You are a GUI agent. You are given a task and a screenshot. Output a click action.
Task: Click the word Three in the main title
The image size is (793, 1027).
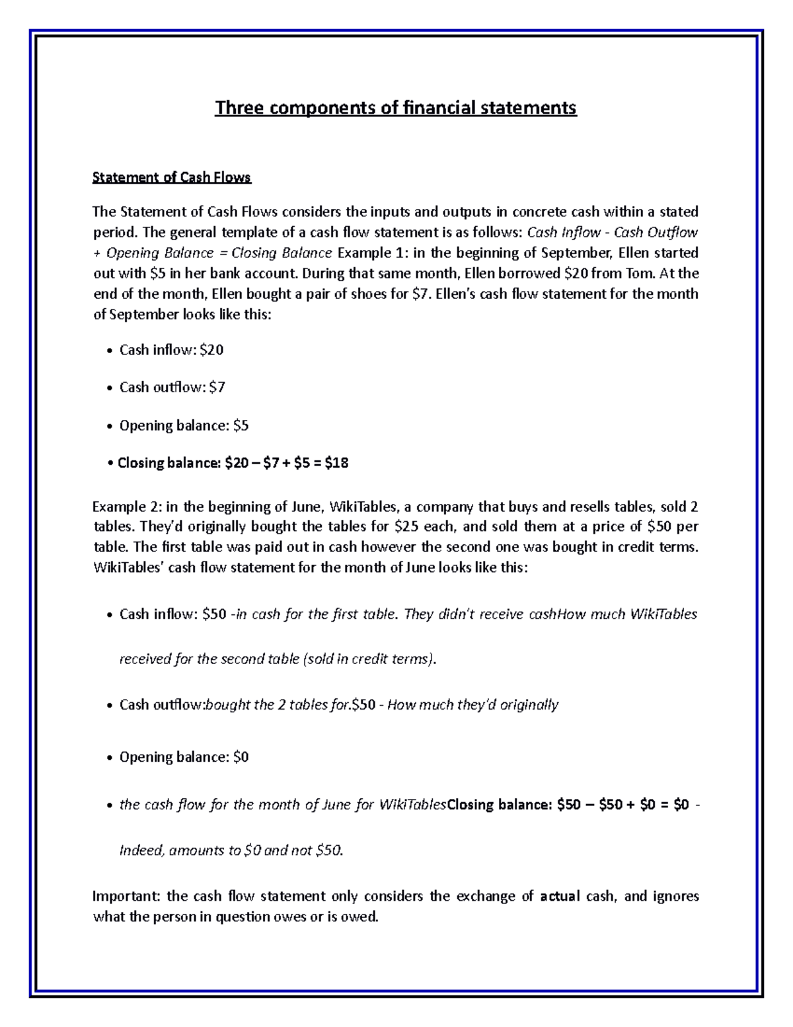click(x=237, y=108)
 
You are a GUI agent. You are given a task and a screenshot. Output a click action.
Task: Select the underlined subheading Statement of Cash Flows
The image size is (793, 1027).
click(x=172, y=177)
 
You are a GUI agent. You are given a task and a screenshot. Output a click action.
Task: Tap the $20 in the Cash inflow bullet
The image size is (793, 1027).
click(x=211, y=350)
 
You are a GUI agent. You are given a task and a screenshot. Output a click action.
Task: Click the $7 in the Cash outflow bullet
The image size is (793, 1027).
click(x=217, y=388)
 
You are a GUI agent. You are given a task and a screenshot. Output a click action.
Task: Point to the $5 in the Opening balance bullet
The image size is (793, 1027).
click(x=241, y=425)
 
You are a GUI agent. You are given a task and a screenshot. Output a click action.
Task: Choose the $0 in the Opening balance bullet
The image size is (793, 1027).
click(x=241, y=757)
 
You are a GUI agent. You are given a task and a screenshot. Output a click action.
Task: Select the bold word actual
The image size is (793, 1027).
click(x=560, y=896)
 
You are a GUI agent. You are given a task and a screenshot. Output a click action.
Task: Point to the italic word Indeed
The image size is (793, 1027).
click(x=141, y=850)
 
